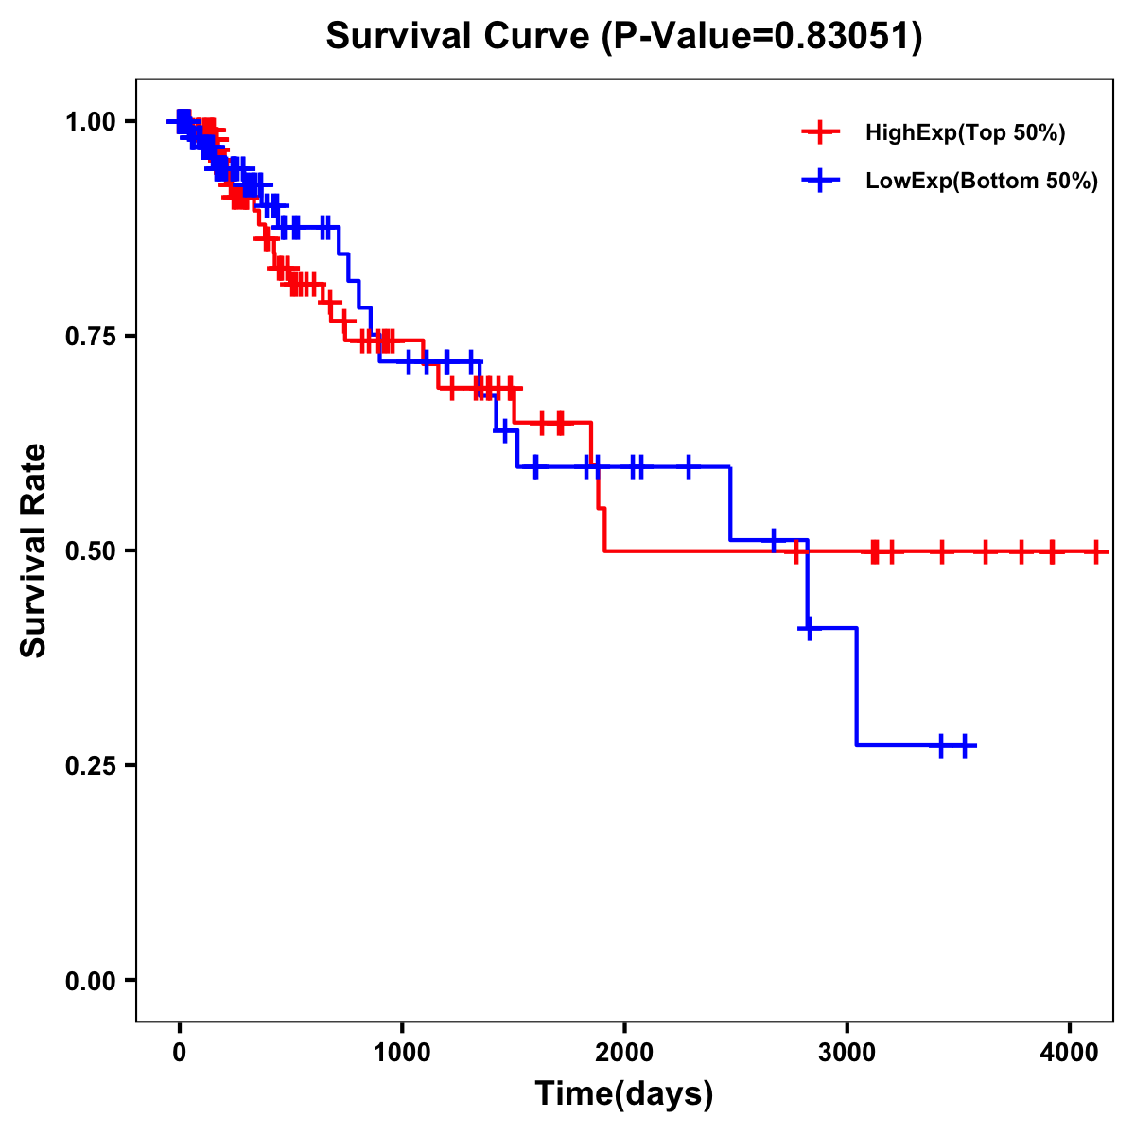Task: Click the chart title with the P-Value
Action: tap(623, 37)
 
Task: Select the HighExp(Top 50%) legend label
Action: tap(965, 133)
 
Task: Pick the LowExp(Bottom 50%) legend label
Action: tap(982, 182)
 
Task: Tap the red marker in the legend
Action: tap(820, 132)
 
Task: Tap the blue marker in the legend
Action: tap(820, 181)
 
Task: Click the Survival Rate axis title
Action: tap(34, 550)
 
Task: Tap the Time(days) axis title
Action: tap(624, 1094)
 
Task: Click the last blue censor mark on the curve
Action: tap(965, 745)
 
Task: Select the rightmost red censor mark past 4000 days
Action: tap(1095, 551)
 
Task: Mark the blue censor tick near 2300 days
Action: tap(688, 466)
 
